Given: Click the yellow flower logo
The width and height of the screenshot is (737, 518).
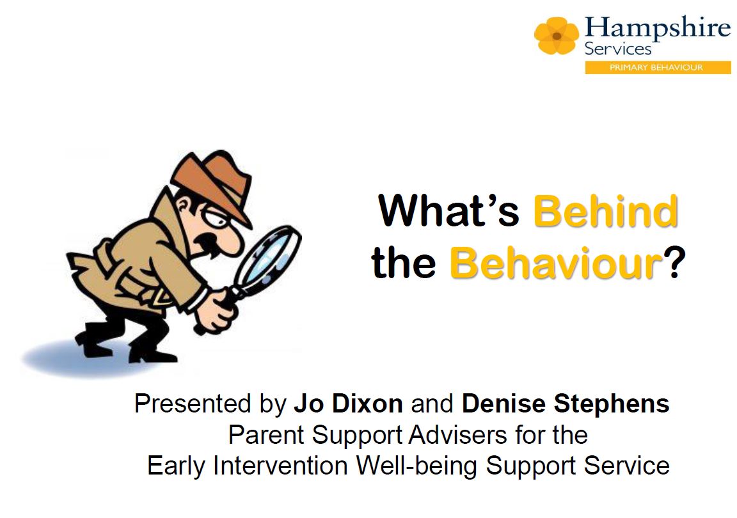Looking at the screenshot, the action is (557, 35).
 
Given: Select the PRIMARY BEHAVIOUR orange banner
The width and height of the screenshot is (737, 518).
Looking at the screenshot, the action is (658, 68).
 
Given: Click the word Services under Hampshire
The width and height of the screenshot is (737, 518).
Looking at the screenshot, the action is (617, 49).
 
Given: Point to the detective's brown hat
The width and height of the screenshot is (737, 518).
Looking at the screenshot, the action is (214, 181).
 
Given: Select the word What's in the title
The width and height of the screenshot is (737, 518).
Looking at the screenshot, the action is (448, 210).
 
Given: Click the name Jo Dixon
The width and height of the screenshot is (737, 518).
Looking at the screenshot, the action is (348, 404).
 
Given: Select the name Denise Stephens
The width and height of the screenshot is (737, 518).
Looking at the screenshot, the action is (566, 404).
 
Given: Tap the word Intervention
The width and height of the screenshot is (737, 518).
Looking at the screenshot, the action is (280, 466).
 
